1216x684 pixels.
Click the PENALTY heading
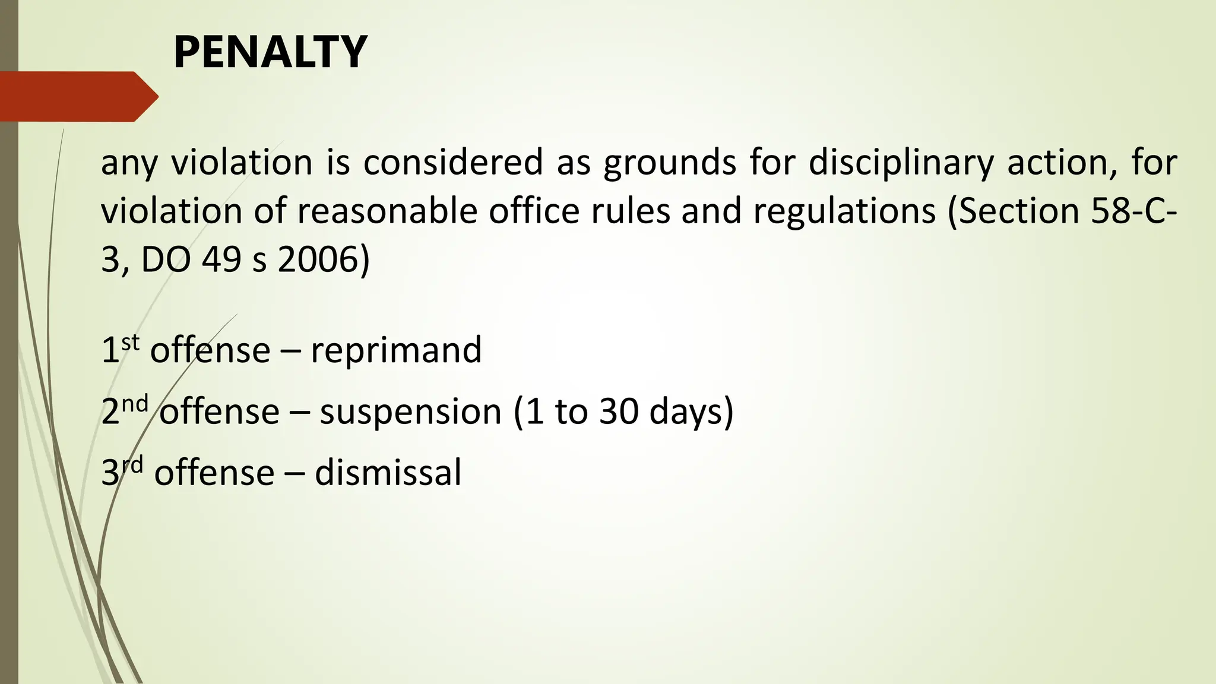point(270,52)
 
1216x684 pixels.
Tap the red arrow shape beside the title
point(78,96)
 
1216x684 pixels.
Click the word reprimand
point(396,350)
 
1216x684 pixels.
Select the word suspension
point(410,412)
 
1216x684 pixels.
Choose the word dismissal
point(388,473)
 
